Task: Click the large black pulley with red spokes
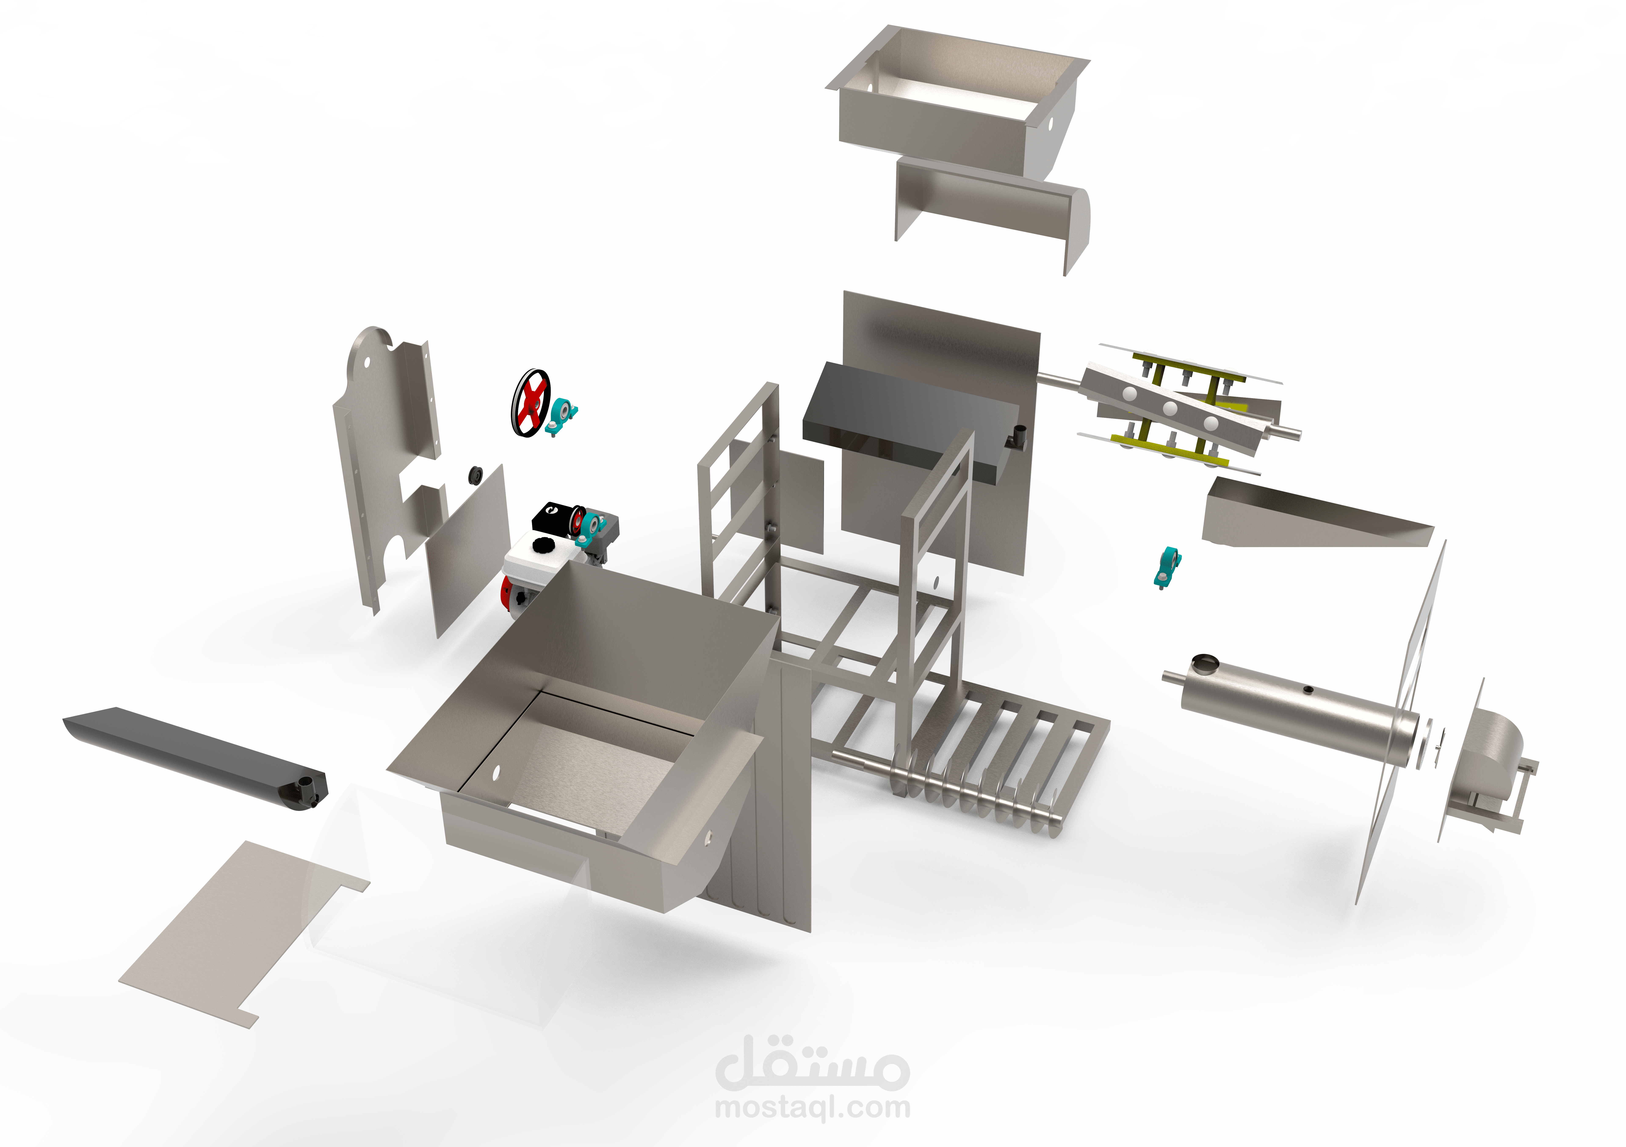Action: tap(530, 402)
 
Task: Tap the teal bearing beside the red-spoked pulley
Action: tap(563, 415)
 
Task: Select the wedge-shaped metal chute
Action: tap(1310, 516)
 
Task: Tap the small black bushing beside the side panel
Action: tap(475, 475)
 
